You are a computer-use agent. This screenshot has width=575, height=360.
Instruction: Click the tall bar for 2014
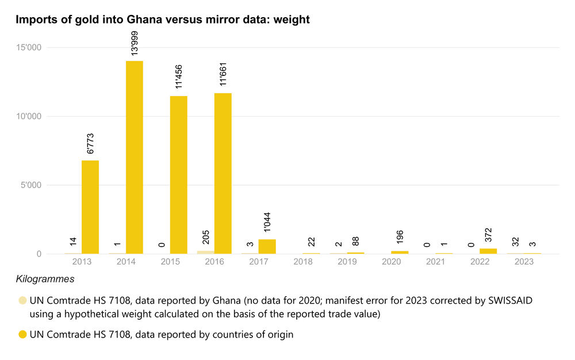(135, 157)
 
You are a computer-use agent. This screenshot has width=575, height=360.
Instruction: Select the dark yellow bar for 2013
(90, 207)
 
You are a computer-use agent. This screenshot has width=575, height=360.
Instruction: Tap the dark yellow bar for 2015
(179, 175)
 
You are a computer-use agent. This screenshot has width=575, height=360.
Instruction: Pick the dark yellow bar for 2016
(223, 173)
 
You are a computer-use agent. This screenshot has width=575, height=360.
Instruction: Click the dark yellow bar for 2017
(267, 246)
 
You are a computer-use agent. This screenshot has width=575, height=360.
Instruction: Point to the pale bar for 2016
(206, 252)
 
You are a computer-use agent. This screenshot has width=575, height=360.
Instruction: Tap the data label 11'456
(179, 77)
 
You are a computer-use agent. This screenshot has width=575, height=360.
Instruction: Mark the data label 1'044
(267, 221)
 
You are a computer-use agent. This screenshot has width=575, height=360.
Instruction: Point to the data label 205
(206, 238)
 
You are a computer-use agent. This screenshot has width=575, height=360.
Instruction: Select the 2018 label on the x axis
(303, 262)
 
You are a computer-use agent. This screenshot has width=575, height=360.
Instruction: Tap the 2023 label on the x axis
(524, 262)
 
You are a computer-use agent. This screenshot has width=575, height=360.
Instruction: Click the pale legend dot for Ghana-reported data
(22, 300)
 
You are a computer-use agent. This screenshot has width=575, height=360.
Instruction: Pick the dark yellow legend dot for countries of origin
(22, 335)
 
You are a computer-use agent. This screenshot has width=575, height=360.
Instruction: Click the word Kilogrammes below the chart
(45, 279)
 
